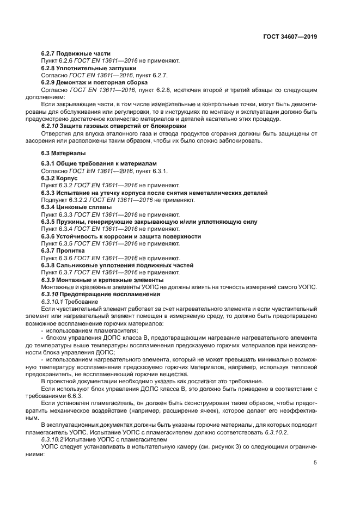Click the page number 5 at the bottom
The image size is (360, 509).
coord(315,463)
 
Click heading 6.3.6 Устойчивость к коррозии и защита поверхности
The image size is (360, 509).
coord(121,236)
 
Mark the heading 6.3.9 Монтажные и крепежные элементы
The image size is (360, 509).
coord(95,280)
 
